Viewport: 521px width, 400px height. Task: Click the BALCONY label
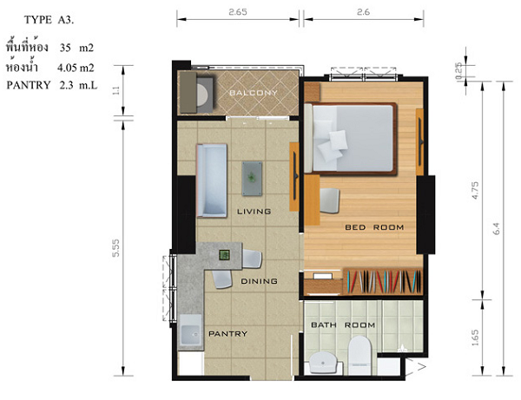coord(254,93)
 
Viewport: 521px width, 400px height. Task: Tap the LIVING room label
coord(254,212)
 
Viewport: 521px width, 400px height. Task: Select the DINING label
coord(259,281)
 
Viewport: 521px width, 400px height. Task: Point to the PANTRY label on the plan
coord(228,333)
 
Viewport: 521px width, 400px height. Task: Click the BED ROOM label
coord(374,227)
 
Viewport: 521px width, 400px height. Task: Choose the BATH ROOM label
coord(343,325)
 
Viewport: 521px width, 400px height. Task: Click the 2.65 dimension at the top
coord(238,12)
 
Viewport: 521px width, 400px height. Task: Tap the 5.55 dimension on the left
coord(115,248)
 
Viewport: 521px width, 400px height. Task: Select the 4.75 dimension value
coord(475,190)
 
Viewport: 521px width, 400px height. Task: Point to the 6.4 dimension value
coord(497,229)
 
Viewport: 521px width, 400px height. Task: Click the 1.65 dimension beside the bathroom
coord(475,338)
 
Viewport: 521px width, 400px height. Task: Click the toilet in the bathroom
coord(359,355)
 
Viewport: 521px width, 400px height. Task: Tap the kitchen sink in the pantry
coord(191,331)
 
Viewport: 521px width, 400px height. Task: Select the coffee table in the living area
coord(252,178)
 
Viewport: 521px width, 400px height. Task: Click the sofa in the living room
coord(212,180)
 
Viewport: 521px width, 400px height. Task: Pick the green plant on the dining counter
coord(224,255)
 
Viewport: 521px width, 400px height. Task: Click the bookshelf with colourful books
coord(383,281)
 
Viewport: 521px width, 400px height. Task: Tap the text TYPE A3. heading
coord(49,20)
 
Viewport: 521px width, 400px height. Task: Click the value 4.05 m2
coord(76,68)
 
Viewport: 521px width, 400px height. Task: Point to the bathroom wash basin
coord(323,362)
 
